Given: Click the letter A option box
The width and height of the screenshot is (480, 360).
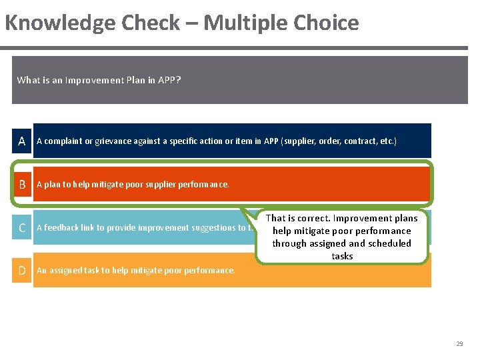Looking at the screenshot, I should tap(22, 141).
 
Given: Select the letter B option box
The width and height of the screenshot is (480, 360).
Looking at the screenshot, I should tap(22, 185).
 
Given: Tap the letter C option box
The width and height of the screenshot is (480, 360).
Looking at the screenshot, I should tap(22, 228).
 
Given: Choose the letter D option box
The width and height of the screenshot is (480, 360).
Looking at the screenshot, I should tap(22, 271).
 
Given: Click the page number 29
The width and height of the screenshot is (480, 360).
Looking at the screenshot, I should tap(459, 344).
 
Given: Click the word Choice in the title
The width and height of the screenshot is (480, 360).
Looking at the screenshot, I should tap(326, 23).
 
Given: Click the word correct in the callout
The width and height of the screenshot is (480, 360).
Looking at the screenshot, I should tap(312, 218).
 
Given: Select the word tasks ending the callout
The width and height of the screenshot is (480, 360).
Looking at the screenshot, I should tap(342, 256).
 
